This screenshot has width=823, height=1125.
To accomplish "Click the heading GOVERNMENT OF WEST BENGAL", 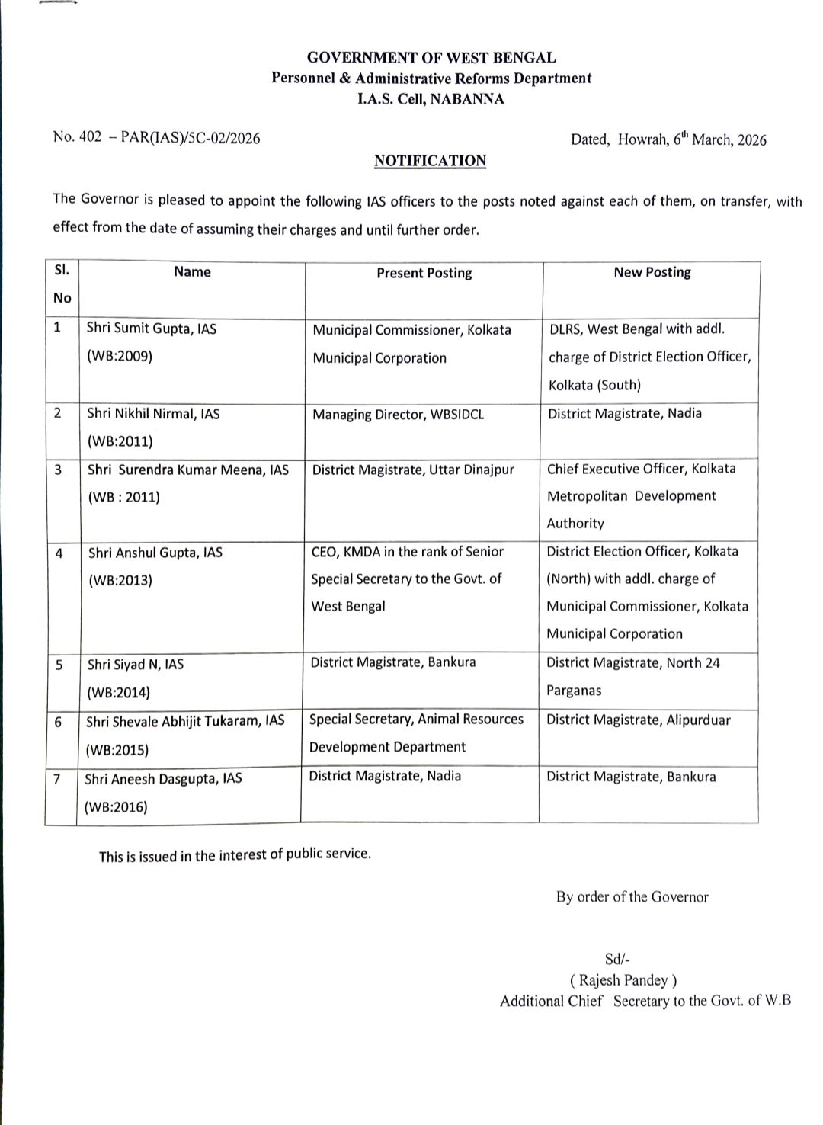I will coord(431,57).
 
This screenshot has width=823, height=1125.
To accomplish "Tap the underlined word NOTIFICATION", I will coord(430,161).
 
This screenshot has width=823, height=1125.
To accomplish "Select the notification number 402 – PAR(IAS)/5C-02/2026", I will coord(156,138).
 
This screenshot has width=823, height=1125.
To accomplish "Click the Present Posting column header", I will coord(424,273).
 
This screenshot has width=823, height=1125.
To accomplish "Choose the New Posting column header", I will coord(652,272).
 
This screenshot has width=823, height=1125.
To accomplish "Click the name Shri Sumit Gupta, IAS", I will coord(151,329).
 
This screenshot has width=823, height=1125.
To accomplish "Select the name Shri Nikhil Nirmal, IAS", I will coord(152,414).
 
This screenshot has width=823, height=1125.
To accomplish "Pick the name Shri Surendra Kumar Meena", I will coord(187,470).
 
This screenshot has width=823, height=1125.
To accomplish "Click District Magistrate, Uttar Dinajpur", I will coord(413,470).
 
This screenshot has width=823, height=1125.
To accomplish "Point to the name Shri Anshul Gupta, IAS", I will coord(155,553).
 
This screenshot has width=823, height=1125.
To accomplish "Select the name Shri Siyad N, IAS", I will coord(135,665).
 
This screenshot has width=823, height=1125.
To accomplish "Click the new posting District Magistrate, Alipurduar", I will coord(638,720).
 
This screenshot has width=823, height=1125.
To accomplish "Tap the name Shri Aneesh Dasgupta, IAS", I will coord(163,778).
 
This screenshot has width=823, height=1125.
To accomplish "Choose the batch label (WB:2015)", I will coord(117,749).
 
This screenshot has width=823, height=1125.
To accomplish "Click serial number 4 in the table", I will coord(59,553).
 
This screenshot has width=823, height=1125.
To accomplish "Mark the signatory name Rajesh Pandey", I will coord(623,980).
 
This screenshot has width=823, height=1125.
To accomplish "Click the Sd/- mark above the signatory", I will coord(616,960).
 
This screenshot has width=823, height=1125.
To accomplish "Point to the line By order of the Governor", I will coord(632,897).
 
